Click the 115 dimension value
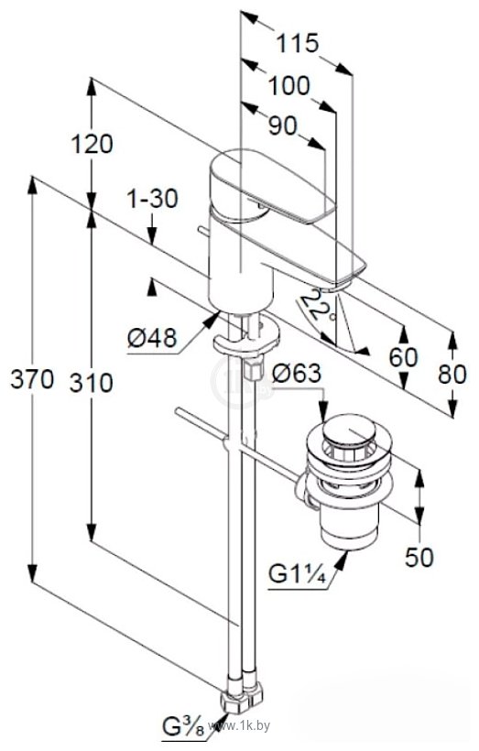(x=298, y=43)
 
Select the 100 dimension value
(x=288, y=86)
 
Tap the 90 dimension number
(x=283, y=126)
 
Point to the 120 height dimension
(x=92, y=144)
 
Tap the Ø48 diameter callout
(x=152, y=339)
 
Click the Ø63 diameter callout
(x=296, y=373)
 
